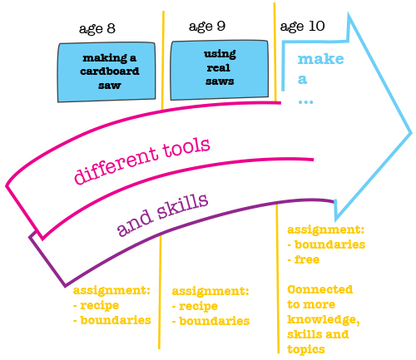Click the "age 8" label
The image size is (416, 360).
pyautogui.click(x=97, y=29)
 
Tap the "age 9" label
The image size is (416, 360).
pyautogui.click(x=207, y=27)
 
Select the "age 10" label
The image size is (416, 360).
pyautogui.click(x=302, y=27)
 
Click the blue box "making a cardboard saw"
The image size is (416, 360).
pyautogui.click(x=106, y=72)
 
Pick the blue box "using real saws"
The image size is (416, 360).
pyautogui.click(x=220, y=70)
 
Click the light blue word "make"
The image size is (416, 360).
pyautogui.click(x=321, y=59)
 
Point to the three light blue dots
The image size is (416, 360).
pyautogui.click(x=305, y=102)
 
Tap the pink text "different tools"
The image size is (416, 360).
pyautogui.click(x=142, y=160)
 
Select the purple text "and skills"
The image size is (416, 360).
pyautogui.click(x=162, y=215)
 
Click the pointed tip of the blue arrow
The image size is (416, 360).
pyautogui.click(x=412, y=133)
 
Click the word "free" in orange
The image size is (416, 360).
pyautogui.click(x=307, y=259)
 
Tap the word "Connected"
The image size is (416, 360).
pyautogui.click(x=320, y=289)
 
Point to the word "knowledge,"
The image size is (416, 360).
pyautogui.click(x=324, y=320)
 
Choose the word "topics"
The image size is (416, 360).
pyautogui.click(x=306, y=350)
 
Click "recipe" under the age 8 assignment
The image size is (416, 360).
pyautogui.click(x=100, y=306)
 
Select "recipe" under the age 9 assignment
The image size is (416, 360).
pyautogui.click(x=198, y=307)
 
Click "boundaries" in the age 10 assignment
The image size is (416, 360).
pyautogui.click(x=329, y=244)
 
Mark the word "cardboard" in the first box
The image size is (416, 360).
pyautogui.click(x=110, y=72)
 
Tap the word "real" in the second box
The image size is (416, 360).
pyautogui.click(x=219, y=68)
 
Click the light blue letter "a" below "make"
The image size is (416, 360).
pyautogui.click(x=303, y=80)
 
